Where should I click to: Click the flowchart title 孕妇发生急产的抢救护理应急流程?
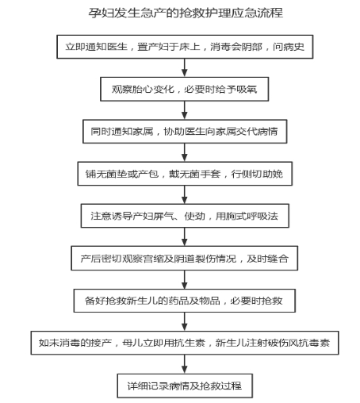(x=186, y=13)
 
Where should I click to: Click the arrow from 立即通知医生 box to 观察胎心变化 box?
(x=185, y=67)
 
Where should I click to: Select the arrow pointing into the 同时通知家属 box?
(x=185, y=110)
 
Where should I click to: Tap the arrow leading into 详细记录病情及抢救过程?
(x=185, y=364)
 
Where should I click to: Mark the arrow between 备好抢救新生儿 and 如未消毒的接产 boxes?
(x=185, y=321)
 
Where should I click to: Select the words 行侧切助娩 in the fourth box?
(x=257, y=174)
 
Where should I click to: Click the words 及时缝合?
(x=267, y=259)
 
